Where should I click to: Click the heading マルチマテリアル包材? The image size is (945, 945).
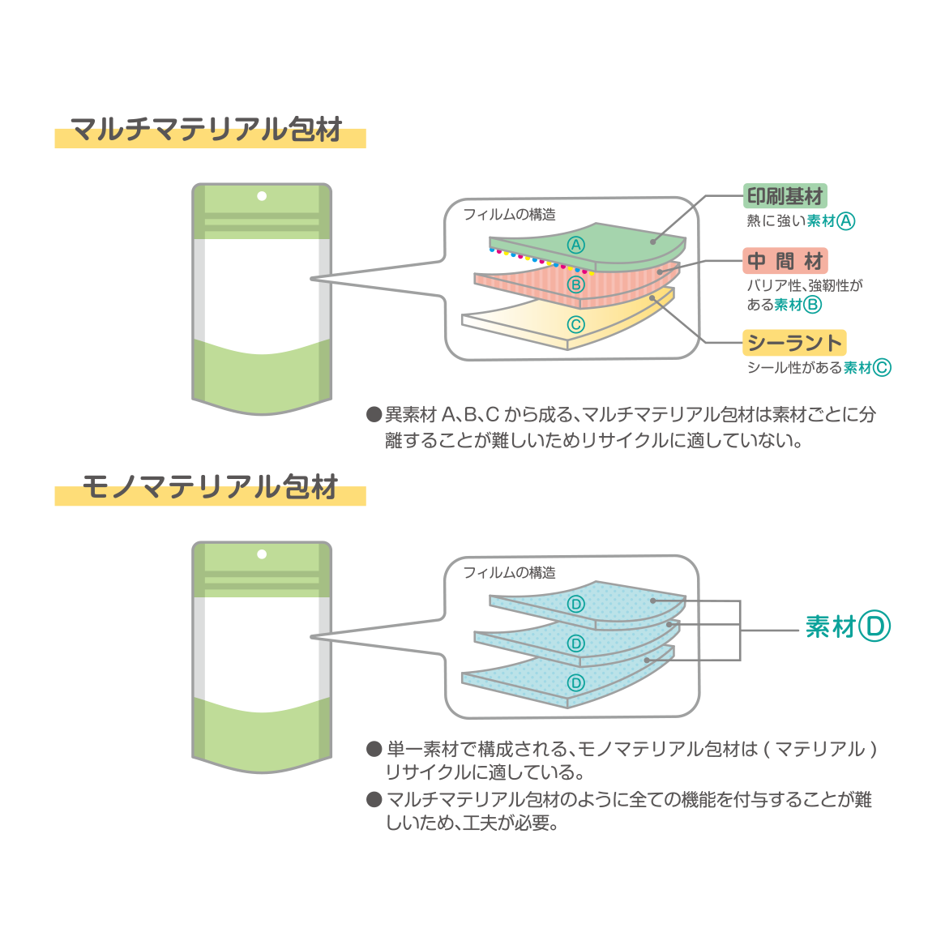207,130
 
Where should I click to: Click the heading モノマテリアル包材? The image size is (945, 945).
210,488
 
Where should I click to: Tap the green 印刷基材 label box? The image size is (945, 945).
785,196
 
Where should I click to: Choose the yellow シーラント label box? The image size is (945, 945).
793,343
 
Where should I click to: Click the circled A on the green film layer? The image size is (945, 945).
575,246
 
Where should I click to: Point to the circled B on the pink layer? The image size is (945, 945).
575,284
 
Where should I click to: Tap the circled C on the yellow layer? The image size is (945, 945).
575,325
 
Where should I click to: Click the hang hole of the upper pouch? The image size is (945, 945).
262,196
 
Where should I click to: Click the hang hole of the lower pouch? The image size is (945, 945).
262,554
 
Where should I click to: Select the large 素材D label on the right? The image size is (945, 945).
847,626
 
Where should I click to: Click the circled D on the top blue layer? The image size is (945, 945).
575,604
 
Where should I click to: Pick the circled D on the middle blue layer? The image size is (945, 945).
575,644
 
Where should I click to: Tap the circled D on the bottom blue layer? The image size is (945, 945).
575,683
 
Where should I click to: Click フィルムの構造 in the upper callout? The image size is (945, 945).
509,215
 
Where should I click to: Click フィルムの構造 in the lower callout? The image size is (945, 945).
509,573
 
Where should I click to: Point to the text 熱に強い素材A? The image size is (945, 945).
800,221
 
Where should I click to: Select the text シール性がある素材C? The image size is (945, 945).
818,368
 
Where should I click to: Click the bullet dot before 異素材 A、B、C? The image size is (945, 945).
374,415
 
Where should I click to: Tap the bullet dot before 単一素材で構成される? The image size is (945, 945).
374,749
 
